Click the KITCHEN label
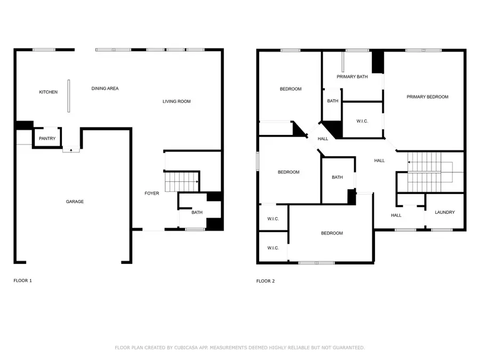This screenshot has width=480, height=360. [x=48, y=92]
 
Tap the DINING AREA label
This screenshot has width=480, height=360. [x=105, y=89]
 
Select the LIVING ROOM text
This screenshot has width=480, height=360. [x=177, y=101]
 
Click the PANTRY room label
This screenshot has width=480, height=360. [x=47, y=139]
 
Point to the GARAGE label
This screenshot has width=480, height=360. [x=75, y=202]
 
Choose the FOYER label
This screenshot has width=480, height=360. [x=152, y=193]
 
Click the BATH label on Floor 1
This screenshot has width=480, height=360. [x=197, y=212]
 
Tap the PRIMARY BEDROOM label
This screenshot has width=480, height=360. [x=427, y=97]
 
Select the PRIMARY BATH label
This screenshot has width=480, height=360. [x=352, y=77]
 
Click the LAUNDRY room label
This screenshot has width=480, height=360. [x=445, y=212]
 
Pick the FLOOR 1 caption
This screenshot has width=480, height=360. [x=22, y=280]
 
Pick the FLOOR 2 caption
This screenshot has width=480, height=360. [x=266, y=281]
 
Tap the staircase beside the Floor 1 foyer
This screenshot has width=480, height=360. [x=181, y=182]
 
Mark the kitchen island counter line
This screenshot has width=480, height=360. [x=68, y=96]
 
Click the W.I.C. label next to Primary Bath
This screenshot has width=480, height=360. [x=362, y=121]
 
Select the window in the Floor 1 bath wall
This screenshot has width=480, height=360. [x=195, y=229]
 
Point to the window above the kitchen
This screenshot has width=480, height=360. [x=44, y=50]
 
